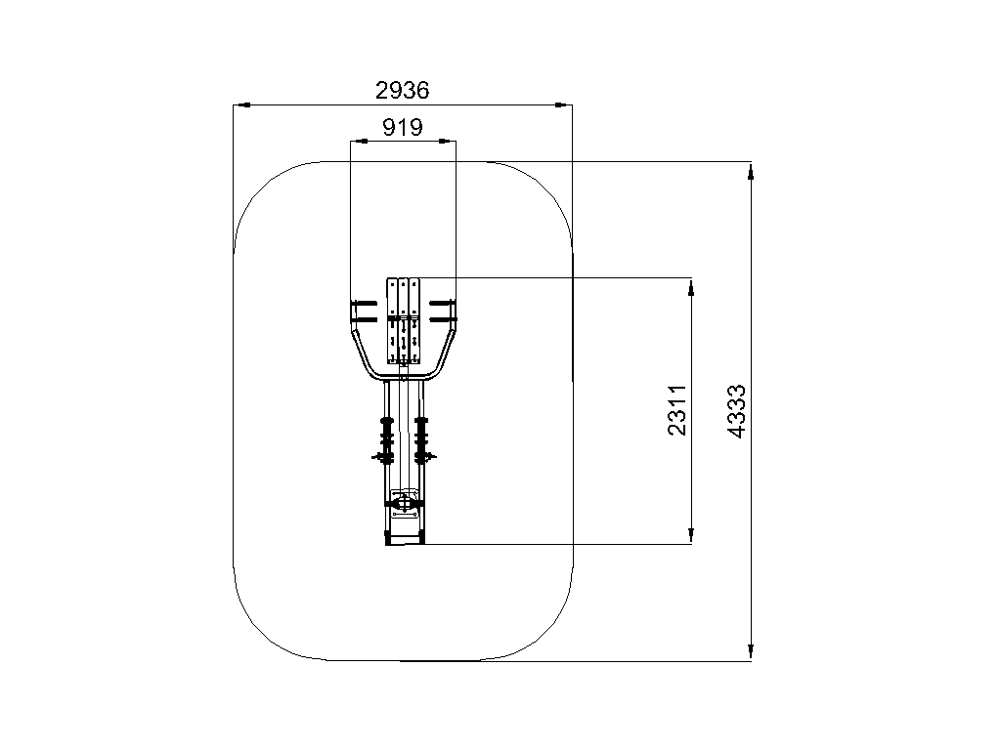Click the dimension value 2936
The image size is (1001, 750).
point(402,91)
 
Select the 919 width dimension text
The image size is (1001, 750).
point(402,128)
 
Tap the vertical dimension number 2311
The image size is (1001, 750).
point(676,410)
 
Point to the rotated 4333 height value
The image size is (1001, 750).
point(736,411)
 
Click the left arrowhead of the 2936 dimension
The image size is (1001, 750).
point(241,104)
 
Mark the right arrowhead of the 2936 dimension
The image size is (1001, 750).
point(564,104)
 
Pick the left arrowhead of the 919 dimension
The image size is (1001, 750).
point(359,141)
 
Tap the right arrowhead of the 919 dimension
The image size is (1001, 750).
point(448,141)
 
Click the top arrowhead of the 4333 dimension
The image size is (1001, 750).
point(751,171)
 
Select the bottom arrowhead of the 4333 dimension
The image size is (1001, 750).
point(751,651)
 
